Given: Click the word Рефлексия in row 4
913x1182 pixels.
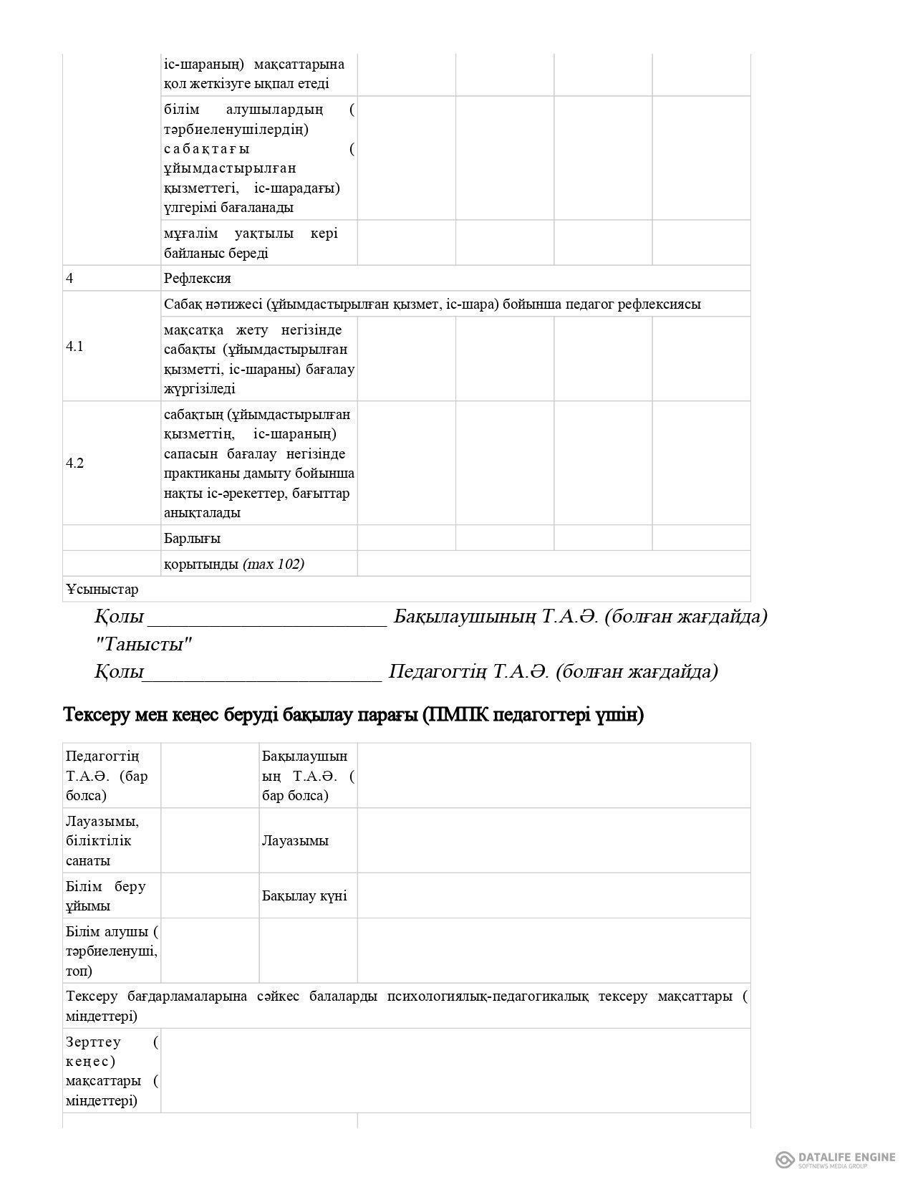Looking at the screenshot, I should (197, 279).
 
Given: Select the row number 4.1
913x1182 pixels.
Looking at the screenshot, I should (75, 347).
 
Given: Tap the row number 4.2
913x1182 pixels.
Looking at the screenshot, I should (75, 463).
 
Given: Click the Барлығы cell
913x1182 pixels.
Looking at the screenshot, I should (192, 538).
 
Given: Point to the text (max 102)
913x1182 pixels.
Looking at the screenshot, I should (274, 564).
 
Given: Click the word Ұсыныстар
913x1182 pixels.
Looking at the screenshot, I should (102, 590).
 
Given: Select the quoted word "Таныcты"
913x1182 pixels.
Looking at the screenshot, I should (144, 645).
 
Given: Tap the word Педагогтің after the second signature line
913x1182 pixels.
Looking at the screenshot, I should (437, 672).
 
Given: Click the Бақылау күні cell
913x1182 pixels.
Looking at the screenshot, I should (304, 896).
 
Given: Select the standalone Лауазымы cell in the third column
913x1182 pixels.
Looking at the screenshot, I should (295, 841).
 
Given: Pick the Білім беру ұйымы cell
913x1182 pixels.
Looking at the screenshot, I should (106, 896).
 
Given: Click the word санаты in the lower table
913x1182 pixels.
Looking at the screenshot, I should (88, 861).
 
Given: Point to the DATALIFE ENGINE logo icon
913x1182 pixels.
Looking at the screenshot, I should (784, 1159).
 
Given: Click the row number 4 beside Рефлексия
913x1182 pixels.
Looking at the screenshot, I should (69, 279).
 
